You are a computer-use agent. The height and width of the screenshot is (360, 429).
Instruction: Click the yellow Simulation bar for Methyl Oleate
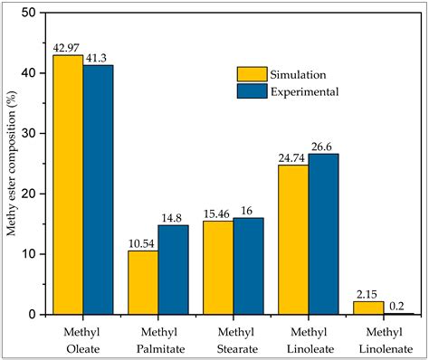click(x=68, y=185)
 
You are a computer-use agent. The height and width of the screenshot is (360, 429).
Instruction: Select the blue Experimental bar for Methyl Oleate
click(x=99, y=190)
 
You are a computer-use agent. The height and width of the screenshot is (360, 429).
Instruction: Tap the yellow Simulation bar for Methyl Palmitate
click(x=143, y=282)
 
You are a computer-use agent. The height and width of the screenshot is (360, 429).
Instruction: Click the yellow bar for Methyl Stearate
click(x=218, y=268)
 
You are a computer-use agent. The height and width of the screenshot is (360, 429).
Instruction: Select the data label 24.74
click(x=293, y=158)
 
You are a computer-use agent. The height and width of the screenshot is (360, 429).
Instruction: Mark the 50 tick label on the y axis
click(x=31, y=13)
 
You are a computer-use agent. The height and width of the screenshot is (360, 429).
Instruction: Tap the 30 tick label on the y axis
click(x=31, y=133)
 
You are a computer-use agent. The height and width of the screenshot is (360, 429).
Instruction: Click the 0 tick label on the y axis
click(x=34, y=315)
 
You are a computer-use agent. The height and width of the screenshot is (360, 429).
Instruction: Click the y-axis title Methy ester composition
click(x=11, y=163)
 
